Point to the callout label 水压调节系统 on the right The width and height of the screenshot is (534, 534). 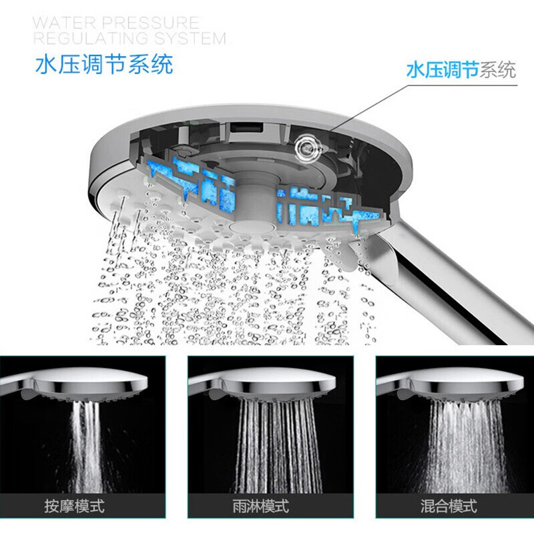pos(461,70)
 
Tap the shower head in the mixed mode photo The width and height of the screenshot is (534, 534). pos(461,386)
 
